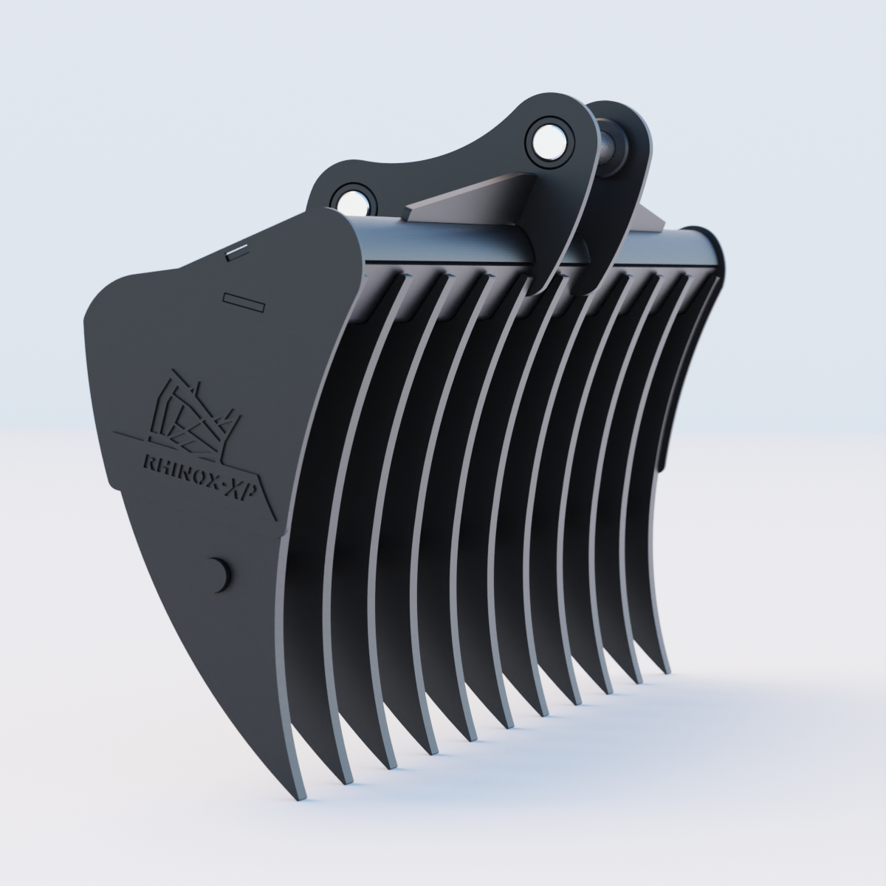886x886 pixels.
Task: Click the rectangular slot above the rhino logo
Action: click(242, 301)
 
